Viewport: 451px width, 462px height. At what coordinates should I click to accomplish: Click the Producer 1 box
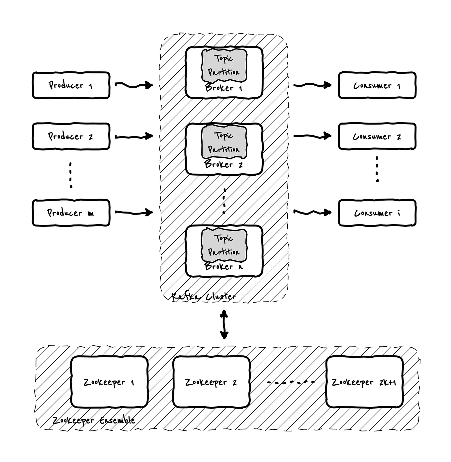tap(71, 85)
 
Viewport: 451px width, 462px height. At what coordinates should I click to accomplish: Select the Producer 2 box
tap(71, 137)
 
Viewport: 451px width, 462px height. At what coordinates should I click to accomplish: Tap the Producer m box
tap(71, 213)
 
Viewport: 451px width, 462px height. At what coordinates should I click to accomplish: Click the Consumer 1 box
tap(377, 85)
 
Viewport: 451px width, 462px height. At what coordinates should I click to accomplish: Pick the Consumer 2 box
tap(377, 137)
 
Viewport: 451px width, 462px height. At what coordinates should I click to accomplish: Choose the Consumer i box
tap(377, 213)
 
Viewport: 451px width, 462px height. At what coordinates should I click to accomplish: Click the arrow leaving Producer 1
tap(134, 85)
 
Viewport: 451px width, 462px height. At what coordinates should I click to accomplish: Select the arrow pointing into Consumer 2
tap(312, 136)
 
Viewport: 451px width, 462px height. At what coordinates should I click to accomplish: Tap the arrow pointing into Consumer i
tap(312, 212)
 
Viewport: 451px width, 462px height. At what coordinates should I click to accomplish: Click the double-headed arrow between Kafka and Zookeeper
tap(224, 324)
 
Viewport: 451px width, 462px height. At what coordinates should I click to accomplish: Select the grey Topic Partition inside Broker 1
tap(224, 65)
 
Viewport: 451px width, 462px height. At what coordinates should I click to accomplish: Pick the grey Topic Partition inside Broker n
tap(224, 245)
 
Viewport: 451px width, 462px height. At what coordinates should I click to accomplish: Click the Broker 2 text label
tap(224, 164)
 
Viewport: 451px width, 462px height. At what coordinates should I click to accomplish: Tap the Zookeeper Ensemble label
tap(94, 420)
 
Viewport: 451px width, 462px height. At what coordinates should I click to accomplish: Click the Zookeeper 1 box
tap(109, 382)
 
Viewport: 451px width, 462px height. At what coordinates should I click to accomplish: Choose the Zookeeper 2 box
tap(211, 382)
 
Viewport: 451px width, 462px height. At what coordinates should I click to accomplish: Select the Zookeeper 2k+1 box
tap(364, 382)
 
